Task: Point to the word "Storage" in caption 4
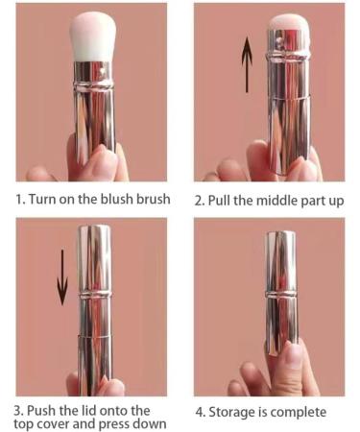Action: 236,411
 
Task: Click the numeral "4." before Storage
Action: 204,411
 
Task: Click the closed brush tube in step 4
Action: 280,288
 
